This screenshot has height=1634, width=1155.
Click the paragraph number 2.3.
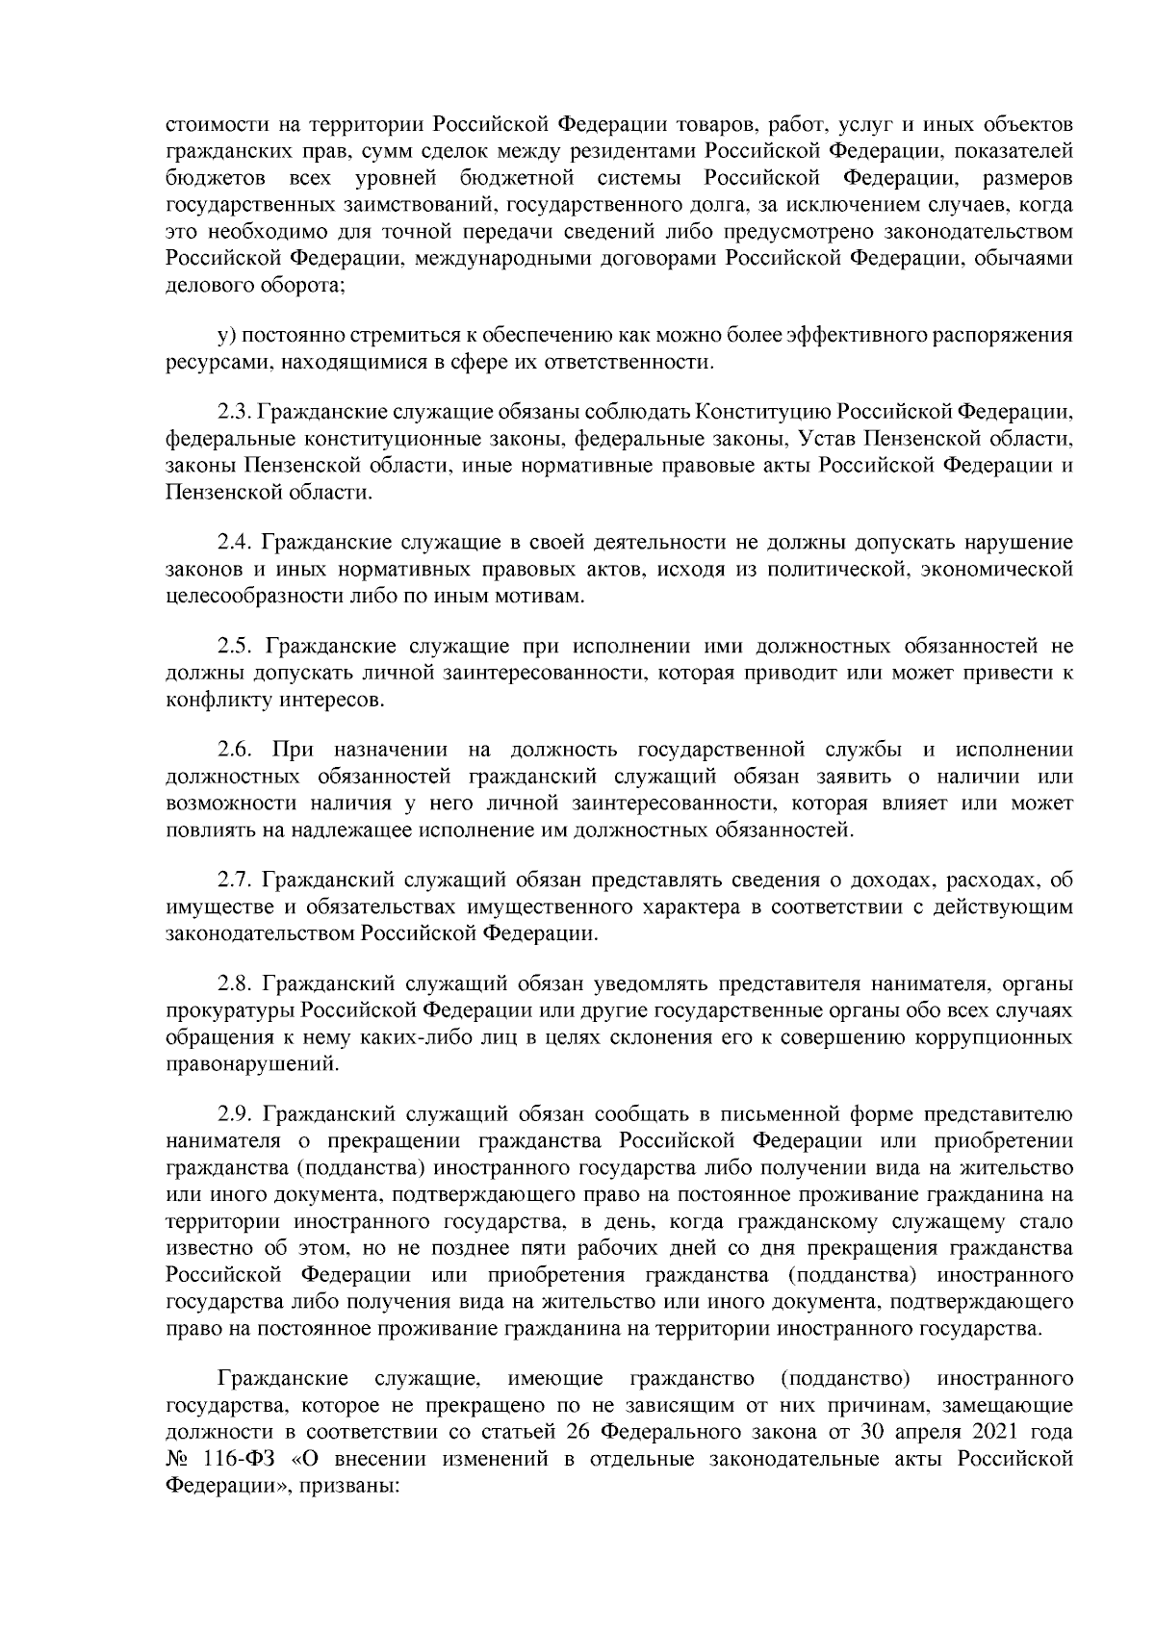click(x=234, y=412)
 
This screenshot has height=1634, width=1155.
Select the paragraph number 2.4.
click(x=234, y=543)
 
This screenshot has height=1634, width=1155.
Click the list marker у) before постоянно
click(x=227, y=336)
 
